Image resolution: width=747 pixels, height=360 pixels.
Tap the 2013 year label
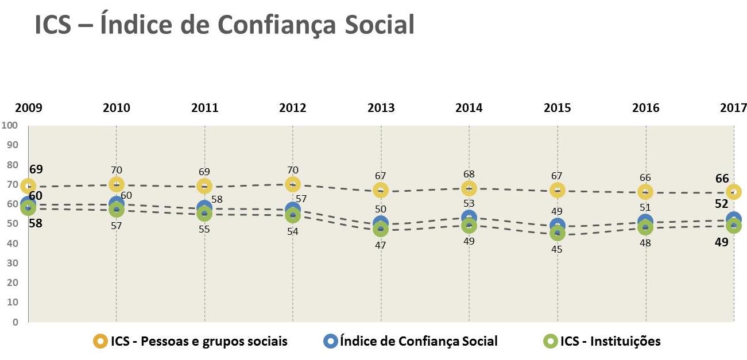tap(381, 107)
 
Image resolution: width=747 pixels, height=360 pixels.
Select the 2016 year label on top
tap(646, 107)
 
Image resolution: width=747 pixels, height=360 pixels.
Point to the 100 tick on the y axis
tap(10, 125)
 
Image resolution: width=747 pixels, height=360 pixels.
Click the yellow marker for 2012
tap(293, 184)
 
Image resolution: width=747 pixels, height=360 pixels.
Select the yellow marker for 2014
tap(469, 188)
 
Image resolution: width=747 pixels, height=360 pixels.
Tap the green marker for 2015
tap(558, 233)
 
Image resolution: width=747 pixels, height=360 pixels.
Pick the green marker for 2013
tap(381, 229)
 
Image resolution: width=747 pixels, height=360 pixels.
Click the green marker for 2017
tap(734, 226)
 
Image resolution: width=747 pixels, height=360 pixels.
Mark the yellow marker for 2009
tap(28, 186)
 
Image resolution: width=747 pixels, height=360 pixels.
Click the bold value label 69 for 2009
tap(36, 169)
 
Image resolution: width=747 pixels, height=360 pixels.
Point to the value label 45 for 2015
tap(558, 250)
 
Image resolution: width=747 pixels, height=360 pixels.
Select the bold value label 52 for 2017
tap(722, 204)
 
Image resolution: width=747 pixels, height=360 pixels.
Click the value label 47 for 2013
tap(381, 245)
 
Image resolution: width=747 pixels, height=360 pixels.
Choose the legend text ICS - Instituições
tap(610, 341)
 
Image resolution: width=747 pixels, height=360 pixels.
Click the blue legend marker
tap(330, 341)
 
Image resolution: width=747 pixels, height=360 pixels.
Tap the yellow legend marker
tap(100, 341)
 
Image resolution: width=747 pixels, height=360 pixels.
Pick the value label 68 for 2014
tap(469, 174)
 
